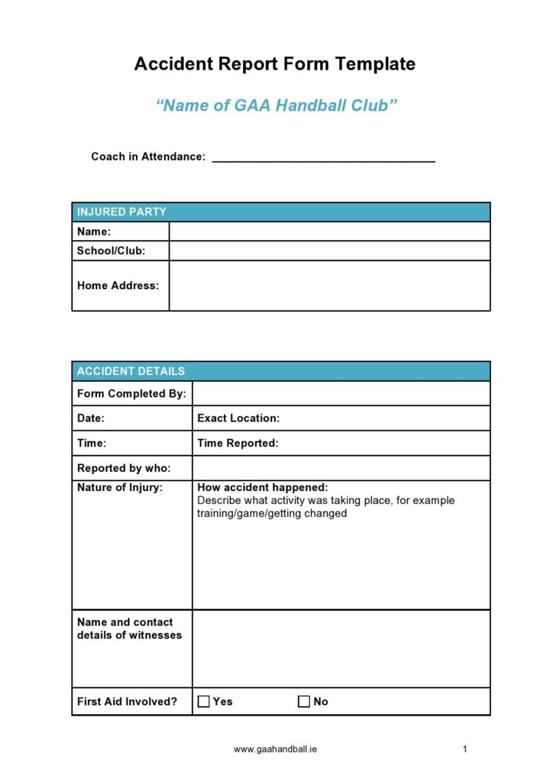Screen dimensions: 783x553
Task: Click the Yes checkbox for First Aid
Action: point(204,701)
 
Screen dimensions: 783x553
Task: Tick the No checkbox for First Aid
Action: point(304,701)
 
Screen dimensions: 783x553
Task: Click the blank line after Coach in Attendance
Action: point(323,158)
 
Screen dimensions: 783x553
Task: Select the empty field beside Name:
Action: point(329,232)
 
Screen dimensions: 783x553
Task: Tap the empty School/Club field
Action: point(329,251)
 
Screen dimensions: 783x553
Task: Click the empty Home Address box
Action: point(329,285)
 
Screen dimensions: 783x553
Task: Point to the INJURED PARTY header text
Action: point(121,212)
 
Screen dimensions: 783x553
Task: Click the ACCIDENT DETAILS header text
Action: point(131,371)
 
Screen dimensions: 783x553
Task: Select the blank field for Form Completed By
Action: point(341,394)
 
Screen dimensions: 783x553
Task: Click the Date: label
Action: point(91,418)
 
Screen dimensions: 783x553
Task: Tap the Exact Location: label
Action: point(238,418)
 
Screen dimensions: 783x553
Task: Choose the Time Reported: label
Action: point(238,443)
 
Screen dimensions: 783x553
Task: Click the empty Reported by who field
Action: point(341,468)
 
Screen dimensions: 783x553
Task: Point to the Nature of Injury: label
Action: point(120,488)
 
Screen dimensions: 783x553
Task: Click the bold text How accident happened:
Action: point(262,488)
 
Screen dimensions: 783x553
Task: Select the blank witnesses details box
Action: point(341,648)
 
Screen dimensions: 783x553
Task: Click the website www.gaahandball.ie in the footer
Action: point(276,749)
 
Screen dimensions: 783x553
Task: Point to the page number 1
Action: point(464,749)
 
